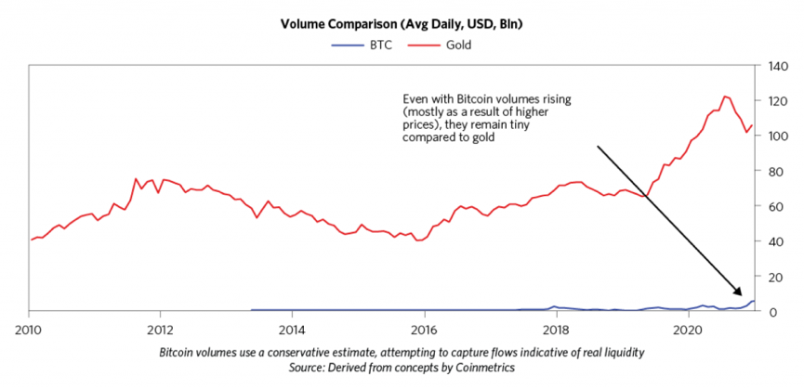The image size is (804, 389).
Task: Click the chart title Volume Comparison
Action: pos(402,23)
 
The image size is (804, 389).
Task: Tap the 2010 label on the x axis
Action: pos(29,329)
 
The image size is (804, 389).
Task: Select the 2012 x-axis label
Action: pos(161,329)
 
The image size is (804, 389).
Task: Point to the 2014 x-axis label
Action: pos(292,329)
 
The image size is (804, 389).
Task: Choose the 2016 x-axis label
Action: pos(424,329)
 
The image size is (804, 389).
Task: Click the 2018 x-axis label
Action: pos(556,329)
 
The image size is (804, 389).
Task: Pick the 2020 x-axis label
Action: pos(688,329)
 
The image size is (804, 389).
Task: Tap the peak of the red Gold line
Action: pos(726,96)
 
